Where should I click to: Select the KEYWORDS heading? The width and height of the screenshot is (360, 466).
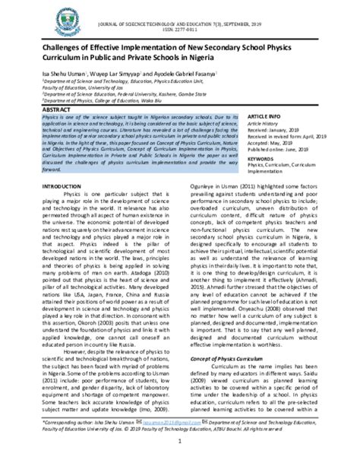(258, 160)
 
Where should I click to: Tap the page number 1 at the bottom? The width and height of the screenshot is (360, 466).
(180, 457)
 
